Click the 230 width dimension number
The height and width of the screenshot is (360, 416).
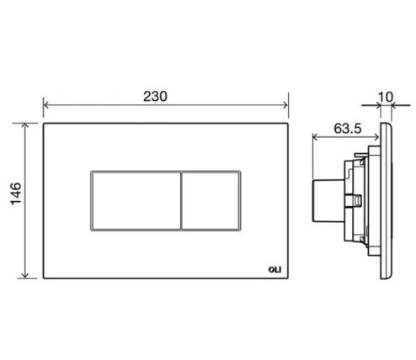(x=167, y=95)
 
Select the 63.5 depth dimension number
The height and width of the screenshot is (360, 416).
(x=338, y=130)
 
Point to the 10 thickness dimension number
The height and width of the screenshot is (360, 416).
(x=387, y=97)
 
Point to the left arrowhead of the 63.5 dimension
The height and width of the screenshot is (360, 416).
(x=315, y=139)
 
